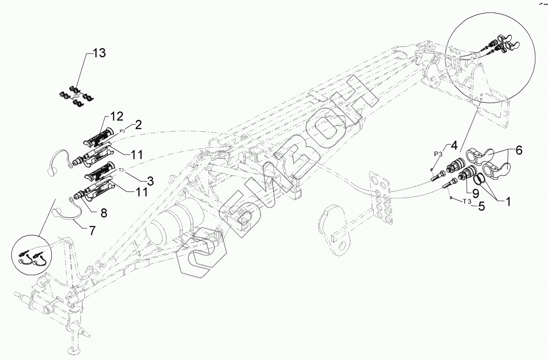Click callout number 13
coord(99,53)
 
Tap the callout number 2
coord(138,124)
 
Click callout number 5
coord(481,206)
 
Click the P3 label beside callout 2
coord(123,131)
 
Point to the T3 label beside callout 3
coord(121,170)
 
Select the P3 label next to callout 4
coord(438,154)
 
